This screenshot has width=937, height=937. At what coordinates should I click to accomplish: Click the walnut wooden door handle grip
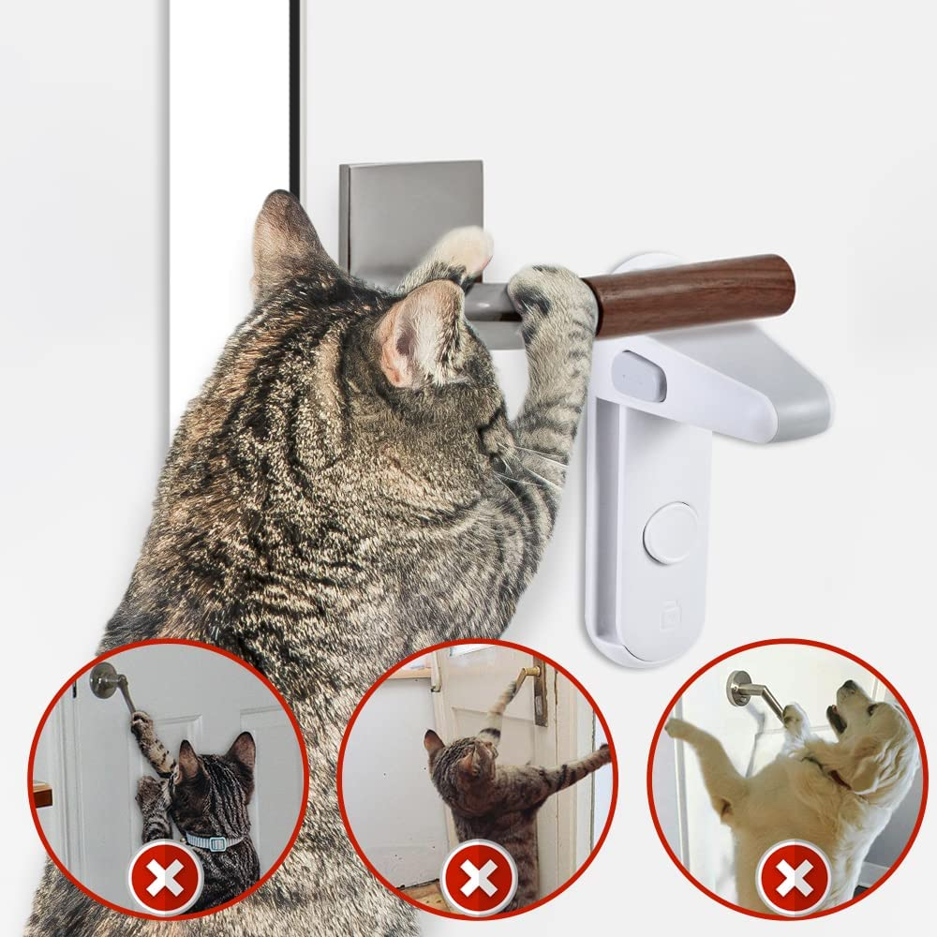pyautogui.click(x=693, y=293)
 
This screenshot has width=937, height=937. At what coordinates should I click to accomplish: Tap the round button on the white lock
pyautogui.click(x=670, y=532)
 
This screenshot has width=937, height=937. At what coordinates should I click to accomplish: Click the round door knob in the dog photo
pyautogui.click(x=741, y=690)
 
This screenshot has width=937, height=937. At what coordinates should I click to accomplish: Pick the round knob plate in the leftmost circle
pyautogui.click(x=104, y=681)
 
